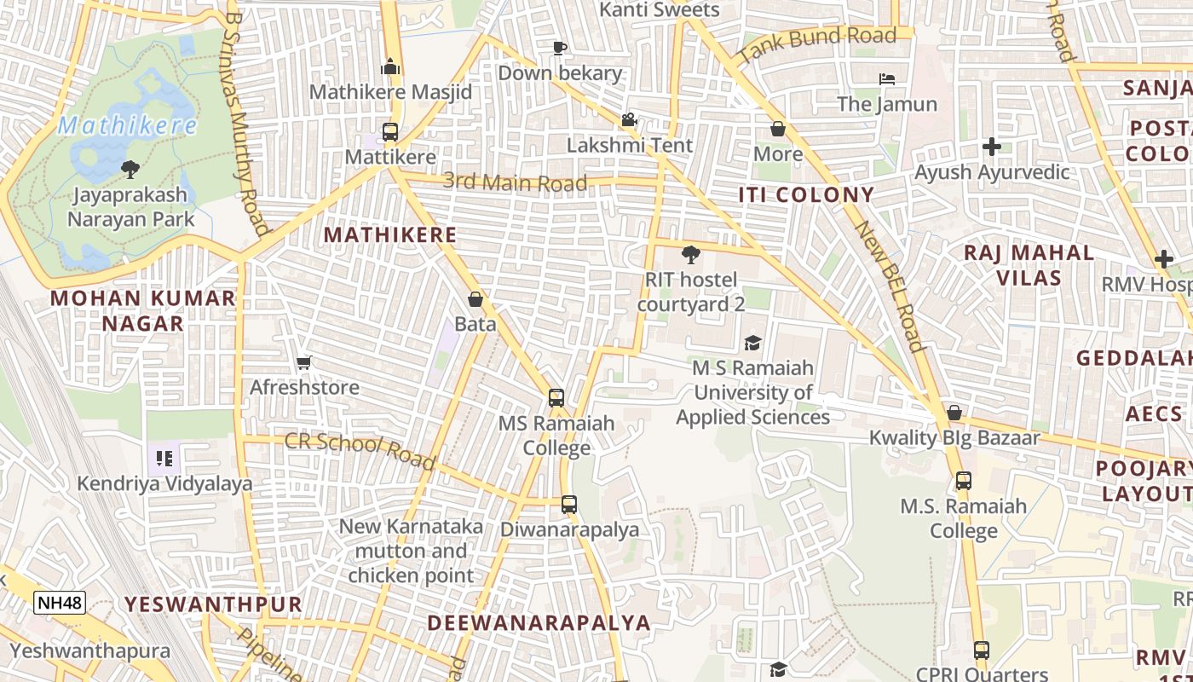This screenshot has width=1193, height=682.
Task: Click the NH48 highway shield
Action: pyautogui.click(x=60, y=603)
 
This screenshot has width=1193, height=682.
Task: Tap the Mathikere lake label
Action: pyautogui.click(x=128, y=127)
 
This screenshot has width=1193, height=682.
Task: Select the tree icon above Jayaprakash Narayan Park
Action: pyautogui.click(x=130, y=169)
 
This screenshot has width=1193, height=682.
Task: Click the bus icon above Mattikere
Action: pyautogui.click(x=390, y=132)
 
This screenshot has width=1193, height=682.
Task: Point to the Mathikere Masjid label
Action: pyautogui.click(x=390, y=91)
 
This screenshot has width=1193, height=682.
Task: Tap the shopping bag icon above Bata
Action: pyautogui.click(x=475, y=299)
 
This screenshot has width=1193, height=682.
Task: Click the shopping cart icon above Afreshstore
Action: pyautogui.click(x=304, y=362)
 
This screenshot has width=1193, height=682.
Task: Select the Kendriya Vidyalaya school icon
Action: pyautogui.click(x=164, y=459)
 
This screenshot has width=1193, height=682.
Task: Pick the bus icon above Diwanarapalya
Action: pyautogui.click(x=569, y=505)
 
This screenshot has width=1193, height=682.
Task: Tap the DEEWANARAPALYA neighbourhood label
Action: pyautogui.click(x=539, y=622)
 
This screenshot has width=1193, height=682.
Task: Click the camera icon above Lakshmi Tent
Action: pyautogui.click(x=630, y=120)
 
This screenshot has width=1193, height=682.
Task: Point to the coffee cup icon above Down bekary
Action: pyautogui.click(x=560, y=48)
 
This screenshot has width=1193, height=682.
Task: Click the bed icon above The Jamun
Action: pyautogui.click(x=887, y=79)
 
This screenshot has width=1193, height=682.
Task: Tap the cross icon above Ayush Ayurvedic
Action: pyautogui.click(x=991, y=147)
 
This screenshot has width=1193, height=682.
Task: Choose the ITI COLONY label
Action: pyautogui.click(x=806, y=194)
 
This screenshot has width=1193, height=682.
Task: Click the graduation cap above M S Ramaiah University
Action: pyautogui.click(x=752, y=343)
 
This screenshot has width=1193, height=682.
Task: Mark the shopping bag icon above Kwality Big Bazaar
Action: pyautogui.click(x=954, y=413)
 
